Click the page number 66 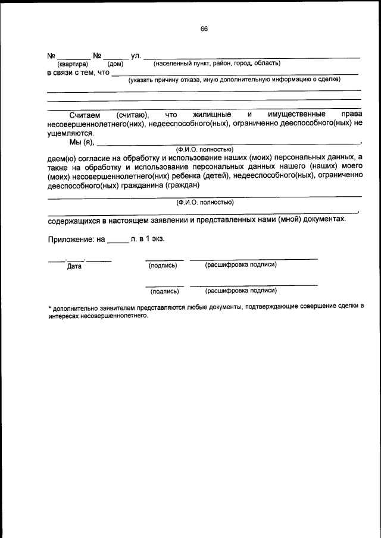pos(204,29)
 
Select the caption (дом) pos(115,64)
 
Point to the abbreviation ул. pos(135,56)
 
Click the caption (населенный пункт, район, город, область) pos(217,63)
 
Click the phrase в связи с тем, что pos(79,73)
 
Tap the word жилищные pos(213,114)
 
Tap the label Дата pos(74,267)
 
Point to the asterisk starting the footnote pos(49,307)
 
